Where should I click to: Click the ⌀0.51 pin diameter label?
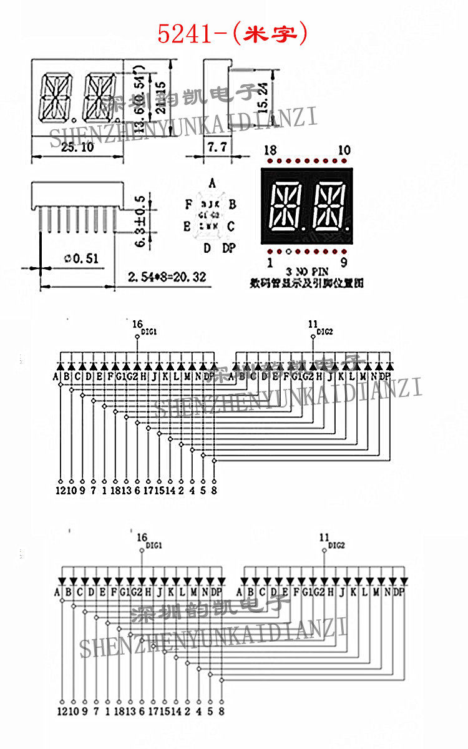coord(80,257)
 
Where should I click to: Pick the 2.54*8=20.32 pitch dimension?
coord(167,276)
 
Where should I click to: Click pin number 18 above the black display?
coord(270,150)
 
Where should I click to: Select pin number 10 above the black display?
coord(344,150)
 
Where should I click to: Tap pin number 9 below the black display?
coord(344,262)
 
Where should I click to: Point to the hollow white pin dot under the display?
coord(288,252)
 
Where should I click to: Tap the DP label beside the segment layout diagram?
coord(229,248)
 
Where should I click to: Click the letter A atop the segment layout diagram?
coord(212,184)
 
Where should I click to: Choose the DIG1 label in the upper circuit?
coord(149,332)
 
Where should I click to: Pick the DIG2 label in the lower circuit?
coord(336,545)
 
